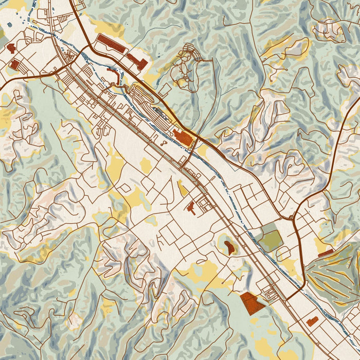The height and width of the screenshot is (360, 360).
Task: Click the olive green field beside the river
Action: (269, 237)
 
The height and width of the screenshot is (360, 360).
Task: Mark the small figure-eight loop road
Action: (164, 143)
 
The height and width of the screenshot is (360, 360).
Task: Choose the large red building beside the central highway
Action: (184, 137)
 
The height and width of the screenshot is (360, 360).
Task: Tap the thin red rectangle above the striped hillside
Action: (326, 253)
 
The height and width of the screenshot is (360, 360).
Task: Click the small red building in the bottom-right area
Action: (312, 322)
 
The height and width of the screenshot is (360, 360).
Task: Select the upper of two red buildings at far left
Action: (11, 48)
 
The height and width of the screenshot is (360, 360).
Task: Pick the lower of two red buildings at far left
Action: (15, 64)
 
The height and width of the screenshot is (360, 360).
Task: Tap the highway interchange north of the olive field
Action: (293, 217)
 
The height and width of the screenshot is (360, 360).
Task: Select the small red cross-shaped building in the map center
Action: (191, 208)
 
